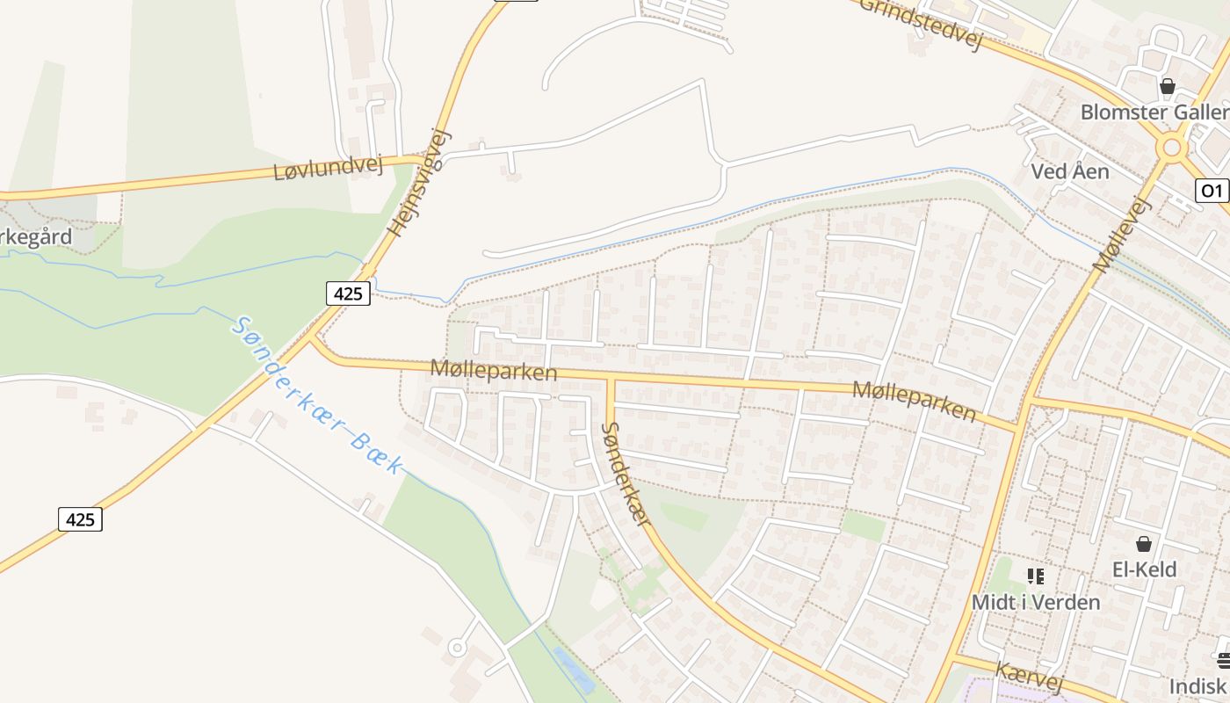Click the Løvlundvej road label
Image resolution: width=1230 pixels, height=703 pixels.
(328, 169)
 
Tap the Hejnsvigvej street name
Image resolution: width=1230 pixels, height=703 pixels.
(418, 183)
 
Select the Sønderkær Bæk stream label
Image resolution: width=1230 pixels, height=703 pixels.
(317, 395)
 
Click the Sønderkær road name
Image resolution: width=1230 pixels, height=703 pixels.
(626, 474)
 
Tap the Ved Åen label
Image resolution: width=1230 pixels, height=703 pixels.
(1069, 171)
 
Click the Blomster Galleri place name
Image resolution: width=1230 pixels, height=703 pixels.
(1154, 112)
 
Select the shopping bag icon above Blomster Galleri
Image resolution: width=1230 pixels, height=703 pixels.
(1167, 86)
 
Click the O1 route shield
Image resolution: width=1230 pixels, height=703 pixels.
(1212, 191)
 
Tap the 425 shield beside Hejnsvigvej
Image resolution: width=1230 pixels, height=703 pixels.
(348, 294)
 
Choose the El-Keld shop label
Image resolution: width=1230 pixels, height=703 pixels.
(1144, 569)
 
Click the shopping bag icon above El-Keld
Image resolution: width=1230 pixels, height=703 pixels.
(1143, 544)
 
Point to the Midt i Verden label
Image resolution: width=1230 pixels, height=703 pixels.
(1036, 602)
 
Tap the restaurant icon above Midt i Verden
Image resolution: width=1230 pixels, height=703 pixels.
(1036, 576)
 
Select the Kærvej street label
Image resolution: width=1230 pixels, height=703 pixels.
(1029, 678)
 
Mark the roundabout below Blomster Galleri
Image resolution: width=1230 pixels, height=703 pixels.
(1170, 148)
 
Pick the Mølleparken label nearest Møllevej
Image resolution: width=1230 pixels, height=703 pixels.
(914, 401)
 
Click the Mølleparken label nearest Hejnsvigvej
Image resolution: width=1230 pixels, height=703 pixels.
(493, 371)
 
